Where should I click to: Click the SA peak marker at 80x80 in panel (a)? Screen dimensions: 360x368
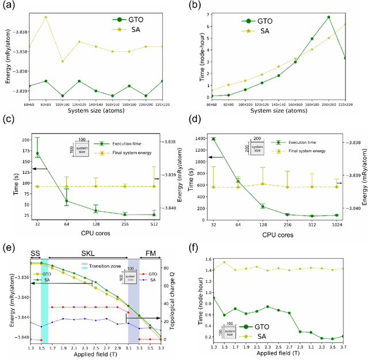[x=46, y=17]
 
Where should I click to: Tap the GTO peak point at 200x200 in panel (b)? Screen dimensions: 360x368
[x=328, y=17]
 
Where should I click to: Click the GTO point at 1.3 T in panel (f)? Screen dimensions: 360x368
[x=214, y=297]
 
